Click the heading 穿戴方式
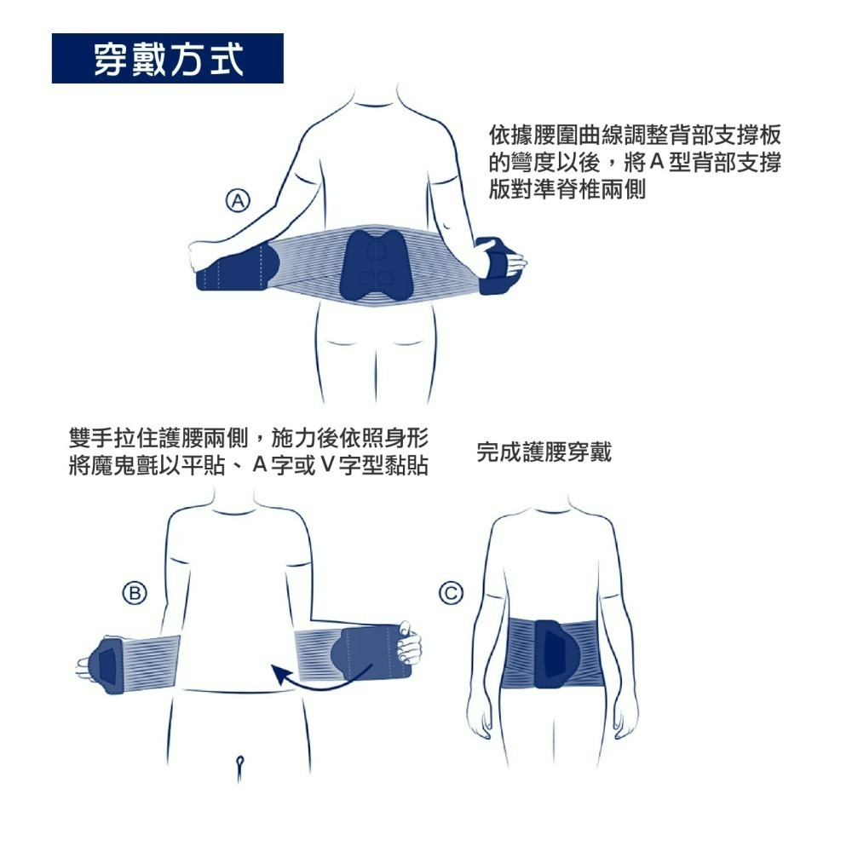click(x=168, y=59)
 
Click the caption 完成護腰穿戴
click(x=544, y=452)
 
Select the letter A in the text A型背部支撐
click(x=655, y=162)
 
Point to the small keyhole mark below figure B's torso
click(x=241, y=761)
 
